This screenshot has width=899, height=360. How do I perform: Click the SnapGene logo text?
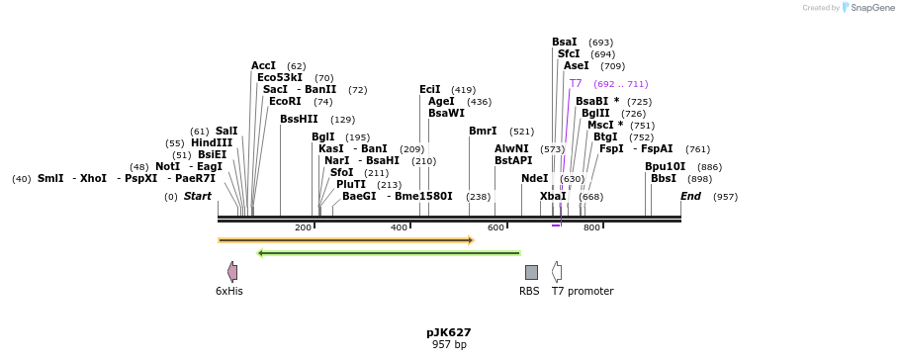pos(868,8)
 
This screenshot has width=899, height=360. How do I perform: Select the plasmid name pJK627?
pos(449,332)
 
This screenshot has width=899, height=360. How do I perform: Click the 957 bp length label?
pos(449,345)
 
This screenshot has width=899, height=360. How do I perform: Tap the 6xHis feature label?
pos(228,292)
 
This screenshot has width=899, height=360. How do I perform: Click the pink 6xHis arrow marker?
pos(232,272)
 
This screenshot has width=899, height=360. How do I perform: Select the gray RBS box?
pos(531,272)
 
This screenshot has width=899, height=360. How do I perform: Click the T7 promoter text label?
pos(583,292)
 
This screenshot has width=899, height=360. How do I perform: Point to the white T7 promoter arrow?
pos(557,272)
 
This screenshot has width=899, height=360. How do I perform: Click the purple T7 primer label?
pos(576,84)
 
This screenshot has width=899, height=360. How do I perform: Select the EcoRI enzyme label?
pos(285,101)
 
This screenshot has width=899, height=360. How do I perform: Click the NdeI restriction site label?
pos(534,179)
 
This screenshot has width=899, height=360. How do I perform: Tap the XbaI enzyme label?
pos(553,197)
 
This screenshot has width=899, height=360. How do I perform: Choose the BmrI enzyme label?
pos(483,132)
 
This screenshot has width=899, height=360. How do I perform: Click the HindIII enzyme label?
pos(212,143)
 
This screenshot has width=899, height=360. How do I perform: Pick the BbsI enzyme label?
pos(663,179)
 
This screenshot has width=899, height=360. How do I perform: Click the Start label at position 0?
pos(198,197)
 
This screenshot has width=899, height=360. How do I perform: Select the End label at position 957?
pos(690,197)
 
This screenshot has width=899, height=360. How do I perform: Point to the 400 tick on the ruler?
pos(400,227)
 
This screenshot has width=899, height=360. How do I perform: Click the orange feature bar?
pos(346,240)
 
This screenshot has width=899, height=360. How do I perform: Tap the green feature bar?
pos(389,253)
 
